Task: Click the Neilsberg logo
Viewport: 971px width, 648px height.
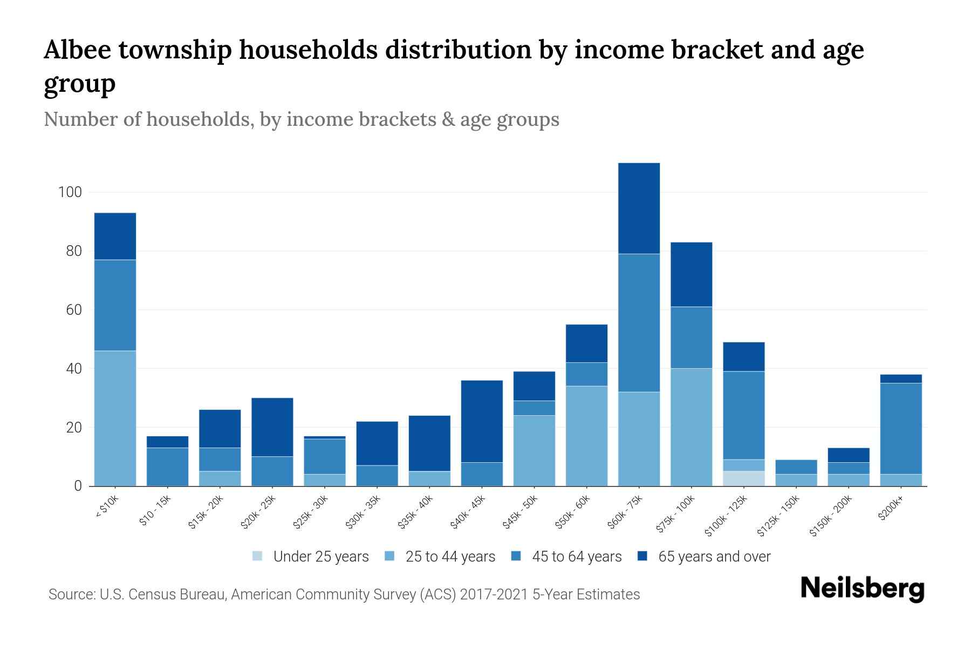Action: pos(862,589)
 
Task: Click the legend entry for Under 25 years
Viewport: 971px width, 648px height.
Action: pos(321,557)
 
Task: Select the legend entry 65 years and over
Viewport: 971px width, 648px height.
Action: pos(714,557)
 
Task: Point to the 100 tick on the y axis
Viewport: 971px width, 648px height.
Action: pos(70,192)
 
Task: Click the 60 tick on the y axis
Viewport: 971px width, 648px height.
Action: pos(73,310)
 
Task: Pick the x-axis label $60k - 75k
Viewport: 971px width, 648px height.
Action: pos(625,511)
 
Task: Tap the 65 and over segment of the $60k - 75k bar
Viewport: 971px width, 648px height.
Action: pos(639,208)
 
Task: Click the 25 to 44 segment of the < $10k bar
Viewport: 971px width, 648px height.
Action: pos(115,418)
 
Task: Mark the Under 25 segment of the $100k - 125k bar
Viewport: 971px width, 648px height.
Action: pos(743,479)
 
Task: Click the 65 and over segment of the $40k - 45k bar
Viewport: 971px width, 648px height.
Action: pos(482,421)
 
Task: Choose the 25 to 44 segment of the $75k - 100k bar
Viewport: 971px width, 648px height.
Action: pos(691,427)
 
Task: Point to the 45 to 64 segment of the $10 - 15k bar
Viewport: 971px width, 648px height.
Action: pos(167,467)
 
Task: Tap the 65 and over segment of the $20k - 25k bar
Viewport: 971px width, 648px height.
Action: pos(272,427)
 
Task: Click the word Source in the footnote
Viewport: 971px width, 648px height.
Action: pos(70,595)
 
